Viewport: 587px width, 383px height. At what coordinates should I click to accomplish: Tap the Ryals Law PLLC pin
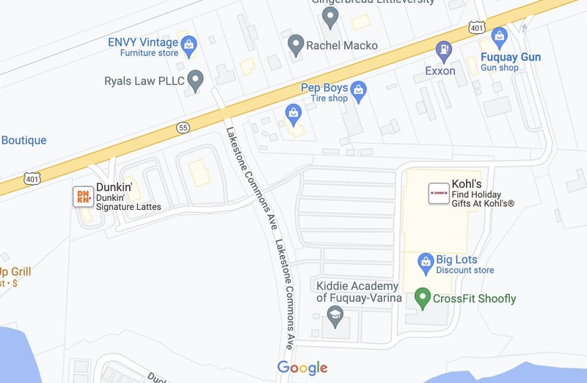(194, 79)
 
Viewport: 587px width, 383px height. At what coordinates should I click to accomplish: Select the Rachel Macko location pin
(296, 44)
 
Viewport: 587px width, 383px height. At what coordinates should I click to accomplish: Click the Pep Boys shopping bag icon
(358, 92)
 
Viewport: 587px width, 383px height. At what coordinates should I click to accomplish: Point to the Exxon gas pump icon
(444, 51)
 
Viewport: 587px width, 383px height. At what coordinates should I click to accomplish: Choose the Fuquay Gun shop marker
(500, 37)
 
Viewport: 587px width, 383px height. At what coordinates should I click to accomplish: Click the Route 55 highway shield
(183, 128)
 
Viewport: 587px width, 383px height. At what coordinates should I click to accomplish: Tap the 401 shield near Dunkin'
(31, 178)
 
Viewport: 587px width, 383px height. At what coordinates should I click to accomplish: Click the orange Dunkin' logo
(83, 196)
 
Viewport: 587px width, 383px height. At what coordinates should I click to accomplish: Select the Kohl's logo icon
(439, 193)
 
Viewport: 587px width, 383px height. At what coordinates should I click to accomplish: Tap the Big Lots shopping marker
(426, 262)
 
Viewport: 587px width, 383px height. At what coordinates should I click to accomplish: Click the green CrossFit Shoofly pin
(422, 297)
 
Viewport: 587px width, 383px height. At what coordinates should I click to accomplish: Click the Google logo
(302, 368)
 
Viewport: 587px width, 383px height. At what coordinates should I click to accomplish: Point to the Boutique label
(23, 140)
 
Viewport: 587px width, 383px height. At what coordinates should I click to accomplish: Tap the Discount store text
(464, 270)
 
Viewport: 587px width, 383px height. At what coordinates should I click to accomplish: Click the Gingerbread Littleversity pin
(331, 15)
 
